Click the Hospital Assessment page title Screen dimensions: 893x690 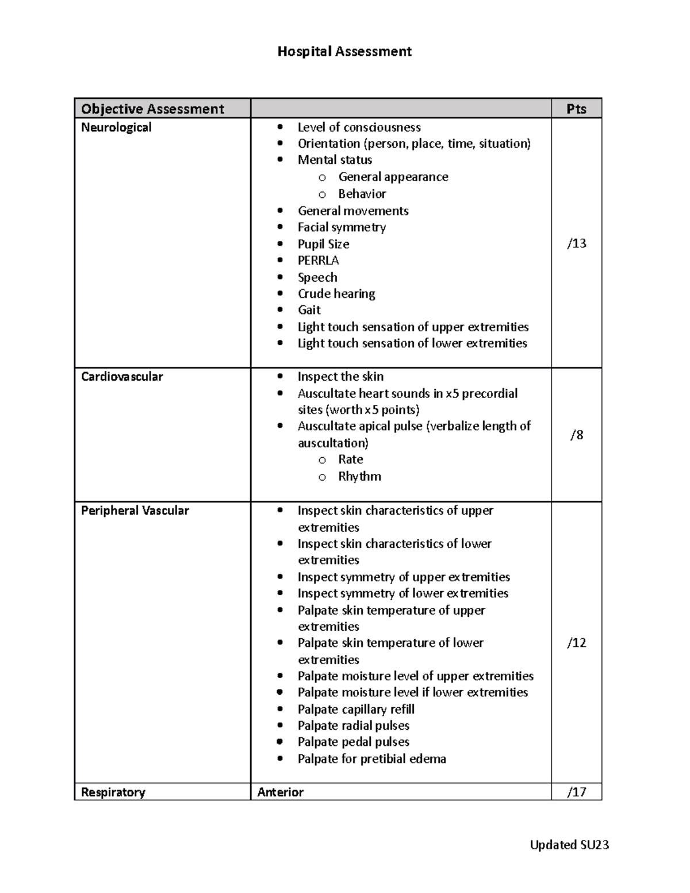(x=344, y=52)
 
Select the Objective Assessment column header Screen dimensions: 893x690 (x=152, y=109)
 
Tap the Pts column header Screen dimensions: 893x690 (x=576, y=109)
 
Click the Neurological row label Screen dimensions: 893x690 (x=116, y=127)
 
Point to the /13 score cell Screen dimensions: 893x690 (x=577, y=243)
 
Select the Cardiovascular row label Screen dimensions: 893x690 (x=122, y=377)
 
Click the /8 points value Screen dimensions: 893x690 (x=577, y=435)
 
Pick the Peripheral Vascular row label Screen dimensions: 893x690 (x=135, y=511)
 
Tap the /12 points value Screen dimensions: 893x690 (x=577, y=642)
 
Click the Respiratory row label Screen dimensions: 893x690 (x=113, y=792)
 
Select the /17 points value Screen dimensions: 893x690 (x=577, y=792)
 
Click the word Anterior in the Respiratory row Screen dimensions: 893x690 (x=281, y=792)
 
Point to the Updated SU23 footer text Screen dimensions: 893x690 (x=569, y=845)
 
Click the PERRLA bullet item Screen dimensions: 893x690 (x=318, y=260)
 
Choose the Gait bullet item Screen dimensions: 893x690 (x=309, y=310)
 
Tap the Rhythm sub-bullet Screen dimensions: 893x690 (x=359, y=476)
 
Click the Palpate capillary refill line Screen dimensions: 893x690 (x=356, y=709)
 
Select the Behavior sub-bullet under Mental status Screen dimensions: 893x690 (x=362, y=194)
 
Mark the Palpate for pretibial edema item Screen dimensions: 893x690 (x=371, y=759)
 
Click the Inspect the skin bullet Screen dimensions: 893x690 (x=340, y=377)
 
